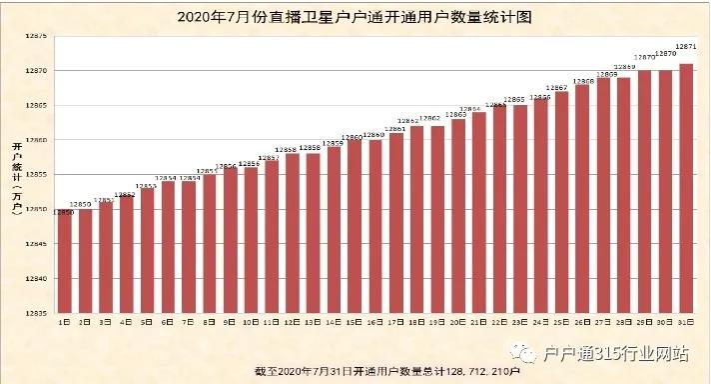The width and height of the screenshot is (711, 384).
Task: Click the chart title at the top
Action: point(355,17)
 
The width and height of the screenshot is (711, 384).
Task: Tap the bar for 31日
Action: point(686,190)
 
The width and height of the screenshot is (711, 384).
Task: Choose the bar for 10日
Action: point(251,240)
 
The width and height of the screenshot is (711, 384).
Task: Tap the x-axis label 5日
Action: point(147,323)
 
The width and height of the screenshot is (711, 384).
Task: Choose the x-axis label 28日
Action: point(623,323)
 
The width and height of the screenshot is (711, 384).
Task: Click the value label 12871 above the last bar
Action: point(686,47)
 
